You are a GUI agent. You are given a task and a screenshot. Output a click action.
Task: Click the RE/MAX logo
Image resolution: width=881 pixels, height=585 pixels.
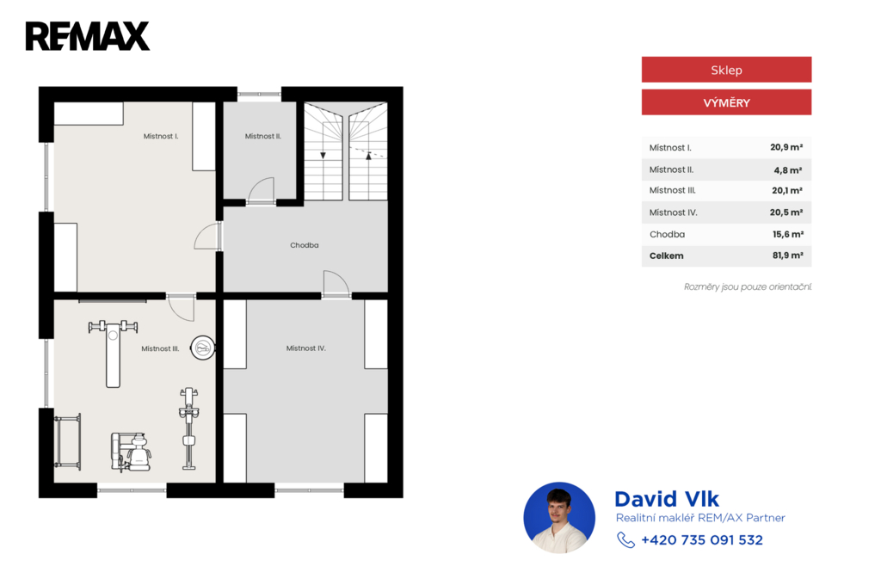click(x=88, y=36)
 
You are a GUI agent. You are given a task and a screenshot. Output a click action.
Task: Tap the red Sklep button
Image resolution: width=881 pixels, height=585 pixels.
click(x=726, y=70)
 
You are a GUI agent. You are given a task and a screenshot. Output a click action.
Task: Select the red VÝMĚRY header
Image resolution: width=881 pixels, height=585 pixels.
click(x=726, y=102)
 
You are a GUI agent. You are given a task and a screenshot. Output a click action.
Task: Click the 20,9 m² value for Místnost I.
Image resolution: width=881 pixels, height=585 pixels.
click(x=786, y=147)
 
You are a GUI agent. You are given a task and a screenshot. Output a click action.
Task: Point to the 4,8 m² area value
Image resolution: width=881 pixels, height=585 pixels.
click(x=788, y=169)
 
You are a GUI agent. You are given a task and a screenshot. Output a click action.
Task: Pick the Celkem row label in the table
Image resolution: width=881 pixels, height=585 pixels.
click(x=667, y=256)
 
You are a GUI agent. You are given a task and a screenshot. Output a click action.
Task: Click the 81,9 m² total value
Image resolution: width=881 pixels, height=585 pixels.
click(x=787, y=256)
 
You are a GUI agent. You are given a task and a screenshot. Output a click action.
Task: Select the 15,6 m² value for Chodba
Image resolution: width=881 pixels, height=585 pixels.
click(x=788, y=234)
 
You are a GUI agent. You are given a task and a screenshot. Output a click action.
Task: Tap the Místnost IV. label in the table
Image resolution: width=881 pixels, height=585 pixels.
click(x=673, y=212)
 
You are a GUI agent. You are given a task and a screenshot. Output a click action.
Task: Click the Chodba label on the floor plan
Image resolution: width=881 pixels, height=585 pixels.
click(x=305, y=245)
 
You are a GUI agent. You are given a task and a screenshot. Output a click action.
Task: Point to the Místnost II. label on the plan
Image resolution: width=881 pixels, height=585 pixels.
click(x=263, y=136)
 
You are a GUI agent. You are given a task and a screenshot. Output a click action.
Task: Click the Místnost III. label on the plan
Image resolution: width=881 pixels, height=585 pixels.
click(x=160, y=348)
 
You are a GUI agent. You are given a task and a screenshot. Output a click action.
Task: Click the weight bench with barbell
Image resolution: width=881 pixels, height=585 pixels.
click(x=113, y=352)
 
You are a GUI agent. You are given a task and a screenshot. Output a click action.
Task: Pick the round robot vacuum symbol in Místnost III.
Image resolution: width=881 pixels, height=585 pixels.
click(x=202, y=348)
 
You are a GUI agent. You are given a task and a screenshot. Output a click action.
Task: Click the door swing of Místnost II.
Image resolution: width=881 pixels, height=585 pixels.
click(x=261, y=190)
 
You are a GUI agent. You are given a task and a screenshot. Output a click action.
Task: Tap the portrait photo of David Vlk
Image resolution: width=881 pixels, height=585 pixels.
click(x=559, y=518)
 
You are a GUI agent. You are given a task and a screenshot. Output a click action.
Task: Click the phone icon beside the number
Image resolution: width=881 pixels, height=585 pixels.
click(x=625, y=540)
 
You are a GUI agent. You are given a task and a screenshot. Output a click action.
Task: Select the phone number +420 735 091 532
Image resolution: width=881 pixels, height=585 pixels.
click(x=702, y=540)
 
